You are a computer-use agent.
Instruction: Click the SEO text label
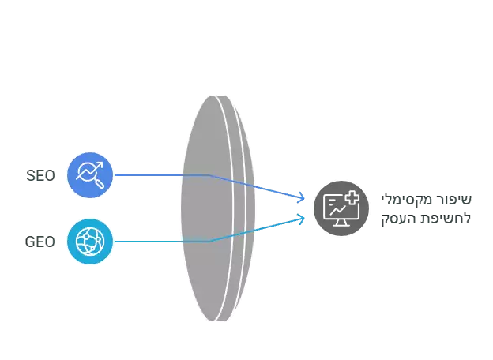point(40,175)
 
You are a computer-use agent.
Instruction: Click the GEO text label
point(40,242)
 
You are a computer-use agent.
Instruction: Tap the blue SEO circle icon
point(90,175)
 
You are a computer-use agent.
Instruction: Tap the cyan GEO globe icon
point(90,242)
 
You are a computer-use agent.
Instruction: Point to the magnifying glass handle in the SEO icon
point(100,183)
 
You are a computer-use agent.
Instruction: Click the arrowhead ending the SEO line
point(302,197)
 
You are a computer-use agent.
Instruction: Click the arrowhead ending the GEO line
point(302,219)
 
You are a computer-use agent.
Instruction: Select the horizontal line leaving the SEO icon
point(161,175)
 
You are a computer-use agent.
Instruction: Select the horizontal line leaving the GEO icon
point(161,242)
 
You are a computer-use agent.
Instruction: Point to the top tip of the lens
point(217,96)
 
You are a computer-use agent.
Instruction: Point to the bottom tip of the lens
point(217,321)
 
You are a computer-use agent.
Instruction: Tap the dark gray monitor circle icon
point(341,208)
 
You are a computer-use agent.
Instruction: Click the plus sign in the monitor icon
point(352,198)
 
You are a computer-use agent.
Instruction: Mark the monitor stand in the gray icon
point(341,223)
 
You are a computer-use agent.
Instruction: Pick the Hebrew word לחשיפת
point(449,219)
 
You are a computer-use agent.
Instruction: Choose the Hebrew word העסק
point(402,219)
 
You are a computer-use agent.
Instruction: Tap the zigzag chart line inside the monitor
point(337,210)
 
